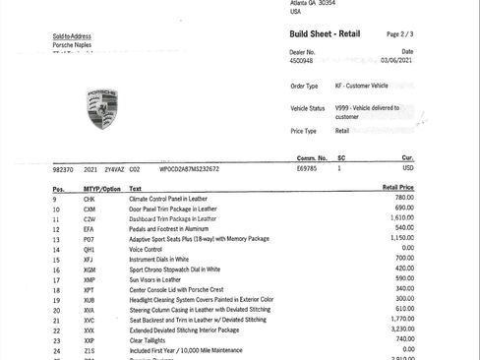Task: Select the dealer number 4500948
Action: coord(304,60)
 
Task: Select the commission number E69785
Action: coord(308,169)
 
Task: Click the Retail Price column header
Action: coord(397,188)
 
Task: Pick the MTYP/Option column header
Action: coord(102,188)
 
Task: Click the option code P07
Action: coord(89,239)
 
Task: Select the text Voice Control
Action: coord(147,249)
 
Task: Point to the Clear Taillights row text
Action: coord(151,339)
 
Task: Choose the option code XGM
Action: coord(90,269)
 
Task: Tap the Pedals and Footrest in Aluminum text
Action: coord(171,229)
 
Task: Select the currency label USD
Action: coord(408,169)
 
